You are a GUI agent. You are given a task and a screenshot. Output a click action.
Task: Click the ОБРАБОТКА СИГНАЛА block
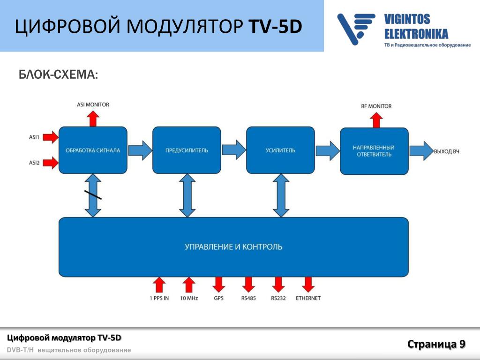tap(93, 150)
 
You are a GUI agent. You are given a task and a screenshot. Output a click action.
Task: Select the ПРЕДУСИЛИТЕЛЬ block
tap(187, 150)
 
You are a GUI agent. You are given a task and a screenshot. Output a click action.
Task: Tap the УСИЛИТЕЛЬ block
tap(280, 150)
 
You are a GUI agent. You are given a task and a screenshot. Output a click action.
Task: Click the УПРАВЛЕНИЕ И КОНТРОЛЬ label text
tap(233, 247)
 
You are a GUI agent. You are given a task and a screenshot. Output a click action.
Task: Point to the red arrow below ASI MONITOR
tap(93, 118)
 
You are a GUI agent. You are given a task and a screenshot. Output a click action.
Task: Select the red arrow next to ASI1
tap(52, 137)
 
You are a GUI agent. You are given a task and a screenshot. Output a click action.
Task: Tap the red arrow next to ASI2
tap(52, 163)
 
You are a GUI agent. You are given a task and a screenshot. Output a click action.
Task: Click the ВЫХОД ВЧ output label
tap(446, 151)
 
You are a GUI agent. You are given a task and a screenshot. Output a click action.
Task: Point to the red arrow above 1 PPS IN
tap(159, 285)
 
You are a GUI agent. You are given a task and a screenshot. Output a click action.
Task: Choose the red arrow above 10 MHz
tap(188, 285)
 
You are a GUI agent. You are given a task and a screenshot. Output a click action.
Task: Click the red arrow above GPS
tap(219, 285)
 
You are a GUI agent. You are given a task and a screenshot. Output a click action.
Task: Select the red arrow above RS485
tap(248, 285)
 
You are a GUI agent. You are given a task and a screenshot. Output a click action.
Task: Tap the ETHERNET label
tap(308, 298)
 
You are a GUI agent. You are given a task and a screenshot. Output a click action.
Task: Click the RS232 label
tap(278, 298)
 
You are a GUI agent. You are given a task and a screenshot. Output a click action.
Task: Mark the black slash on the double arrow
tap(93, 195)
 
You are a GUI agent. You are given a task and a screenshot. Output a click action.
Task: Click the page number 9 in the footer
tap(462, 344)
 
